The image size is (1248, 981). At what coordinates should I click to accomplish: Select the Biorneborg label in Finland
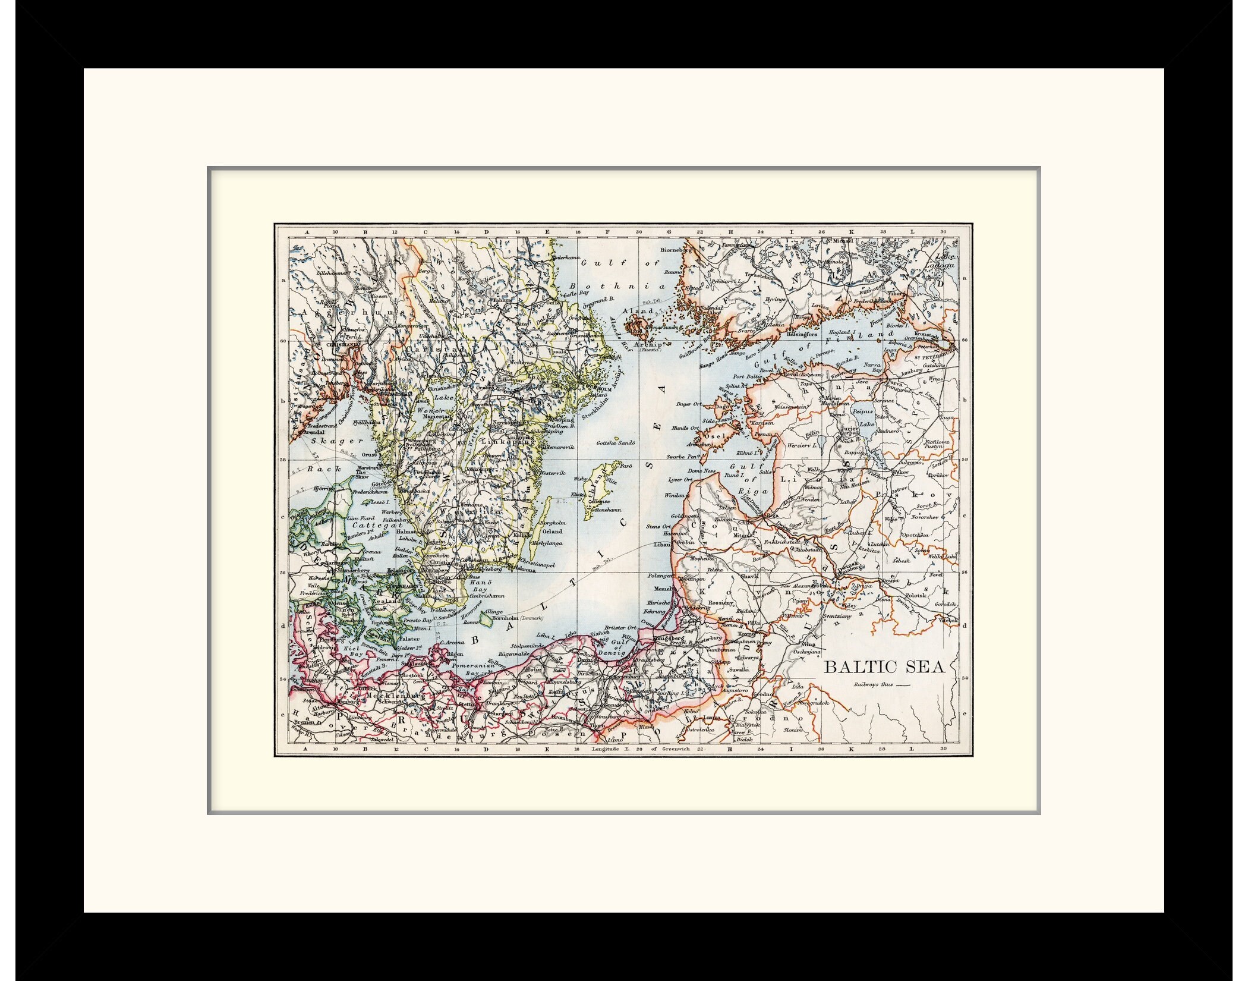click(x=676, y=250)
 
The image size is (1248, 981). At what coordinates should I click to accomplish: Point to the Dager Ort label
click(x=688, y=404)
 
